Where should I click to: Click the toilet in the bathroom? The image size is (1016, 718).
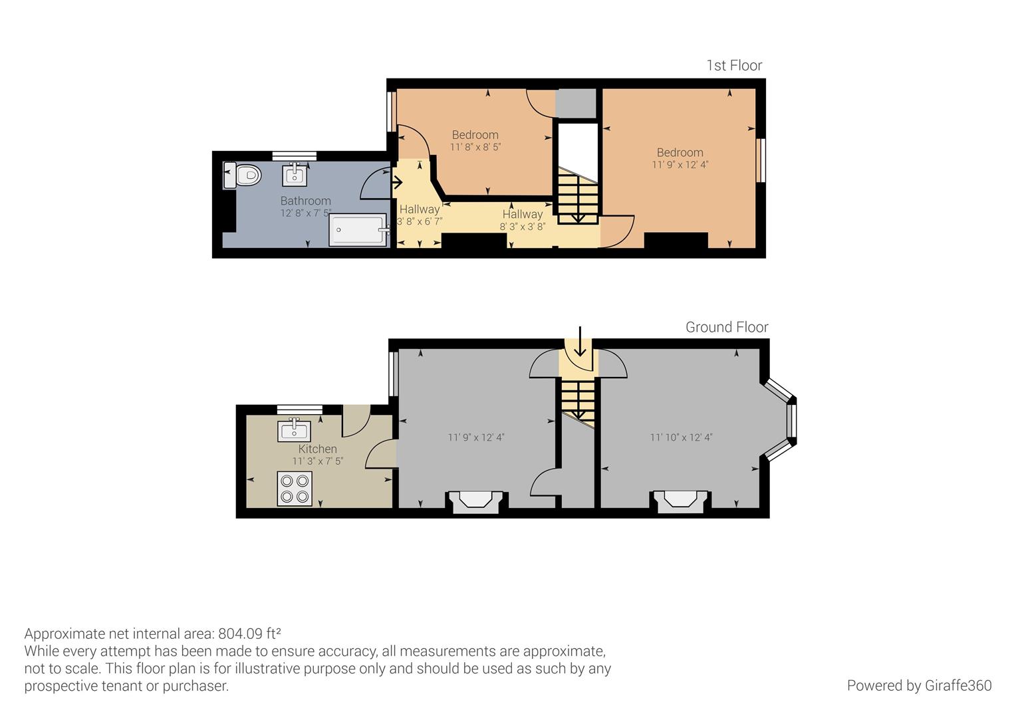click(242, 175)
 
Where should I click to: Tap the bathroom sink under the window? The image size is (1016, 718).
click(295, 175)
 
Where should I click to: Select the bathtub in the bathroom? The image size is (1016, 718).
click(358, 231)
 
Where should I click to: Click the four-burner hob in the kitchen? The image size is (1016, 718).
click(295, 489)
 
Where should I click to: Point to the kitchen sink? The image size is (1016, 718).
click(295, 430)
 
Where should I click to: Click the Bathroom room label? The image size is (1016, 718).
click(305, 201)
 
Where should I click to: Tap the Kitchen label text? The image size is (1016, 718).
click(318, 449)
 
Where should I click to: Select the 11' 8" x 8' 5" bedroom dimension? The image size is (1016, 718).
click(475, 147)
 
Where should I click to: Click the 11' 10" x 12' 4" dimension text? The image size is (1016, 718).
click(682, 437)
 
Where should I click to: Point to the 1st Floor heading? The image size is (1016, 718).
click(734, 66)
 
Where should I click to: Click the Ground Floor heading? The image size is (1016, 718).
click(727, 327)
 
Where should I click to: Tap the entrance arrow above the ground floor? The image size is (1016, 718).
click(580, 341)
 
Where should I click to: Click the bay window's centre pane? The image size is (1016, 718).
click(791, 420)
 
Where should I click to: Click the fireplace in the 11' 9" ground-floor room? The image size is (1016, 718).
click(476, 501)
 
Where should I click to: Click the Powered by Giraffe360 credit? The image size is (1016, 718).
click(920, 685)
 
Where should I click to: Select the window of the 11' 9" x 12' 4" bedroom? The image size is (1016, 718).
click(761, 161)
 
